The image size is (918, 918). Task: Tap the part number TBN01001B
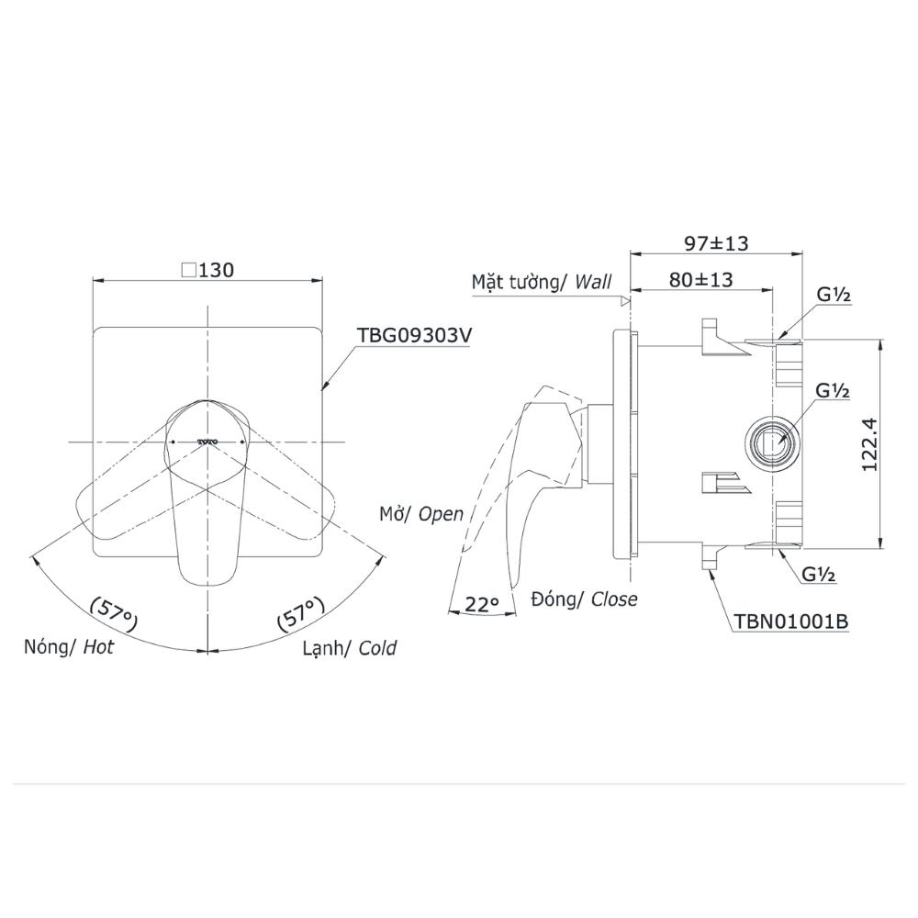(791, 621)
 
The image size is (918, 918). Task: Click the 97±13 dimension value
(717, 243)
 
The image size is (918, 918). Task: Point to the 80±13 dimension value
(700, 280)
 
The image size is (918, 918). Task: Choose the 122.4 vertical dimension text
(868, 443)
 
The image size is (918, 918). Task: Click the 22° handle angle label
(482, 604)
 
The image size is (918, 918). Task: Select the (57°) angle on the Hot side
(115, 613)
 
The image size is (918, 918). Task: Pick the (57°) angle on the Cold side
(301, 613)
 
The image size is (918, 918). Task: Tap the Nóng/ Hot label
(69, 647)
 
